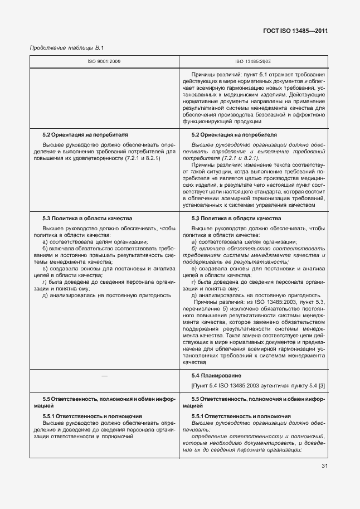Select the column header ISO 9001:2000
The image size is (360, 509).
(x=104, y=61)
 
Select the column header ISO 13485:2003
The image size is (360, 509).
(x=253, y=61)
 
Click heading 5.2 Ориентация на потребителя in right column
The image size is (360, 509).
(x=234, y=135)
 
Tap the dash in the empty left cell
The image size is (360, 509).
(x=104, y=376)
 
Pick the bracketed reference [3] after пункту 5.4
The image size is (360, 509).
(x=322, y=386)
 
